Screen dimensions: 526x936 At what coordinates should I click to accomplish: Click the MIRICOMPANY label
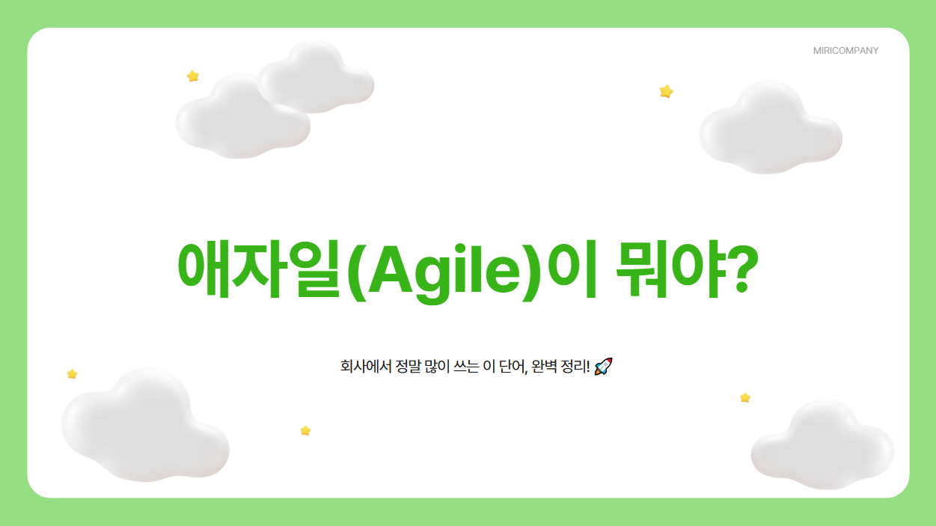coord(845,51)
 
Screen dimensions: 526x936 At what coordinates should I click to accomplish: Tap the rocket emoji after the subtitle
coord(603,367)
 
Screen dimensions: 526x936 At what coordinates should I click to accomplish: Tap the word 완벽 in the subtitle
coord(546,367)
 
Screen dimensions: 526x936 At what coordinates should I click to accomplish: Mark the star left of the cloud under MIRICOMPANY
coord(666,91)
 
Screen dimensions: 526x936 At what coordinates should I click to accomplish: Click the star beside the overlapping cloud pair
coord(193,76)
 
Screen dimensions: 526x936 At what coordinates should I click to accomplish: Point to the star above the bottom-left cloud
coord(73,373)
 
